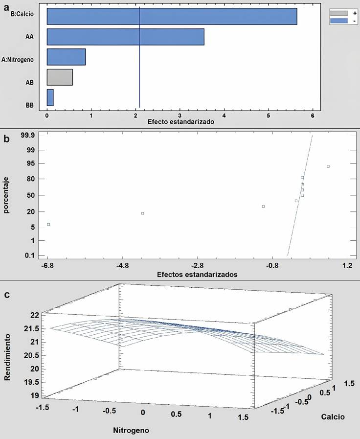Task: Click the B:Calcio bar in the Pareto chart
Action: pos(172,16)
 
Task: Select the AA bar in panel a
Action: pos(125,37)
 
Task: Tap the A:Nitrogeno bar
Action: pos(66,57)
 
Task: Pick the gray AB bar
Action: pos(60,77)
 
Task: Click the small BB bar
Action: pos(50,97)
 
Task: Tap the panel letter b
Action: pos(6,138)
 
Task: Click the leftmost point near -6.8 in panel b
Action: pos(48,224)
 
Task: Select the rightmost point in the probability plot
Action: pos(328,166)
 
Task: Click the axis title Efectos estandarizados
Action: pos(197,275)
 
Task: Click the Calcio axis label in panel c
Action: pos(333,417)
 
